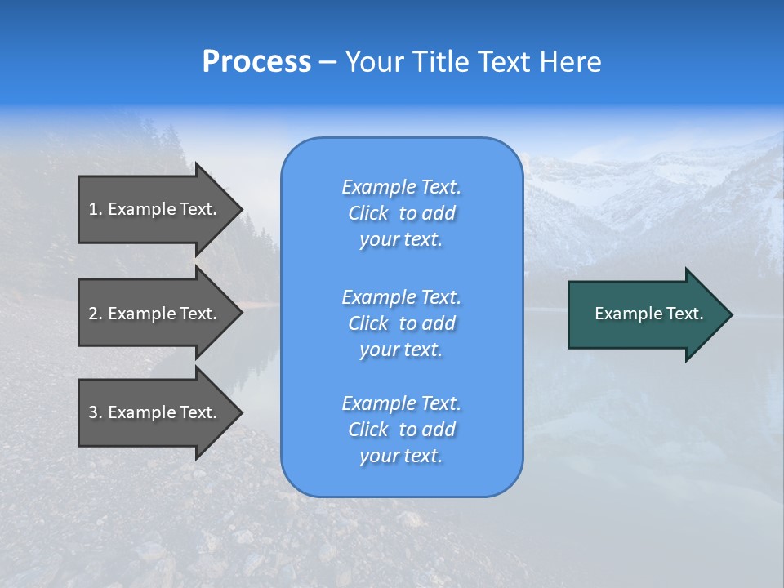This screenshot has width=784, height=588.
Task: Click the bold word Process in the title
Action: coord(256,62)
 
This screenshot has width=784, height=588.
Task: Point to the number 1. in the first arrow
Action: coord(95,209)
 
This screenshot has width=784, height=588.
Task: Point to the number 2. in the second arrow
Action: coord(95,314)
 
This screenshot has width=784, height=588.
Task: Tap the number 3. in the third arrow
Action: coord(95,412)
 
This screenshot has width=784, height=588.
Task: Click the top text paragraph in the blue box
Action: coord(401,213)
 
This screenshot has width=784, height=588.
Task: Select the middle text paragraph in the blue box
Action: coord(401,323)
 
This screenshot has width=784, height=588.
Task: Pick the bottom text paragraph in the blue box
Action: coord(401,430)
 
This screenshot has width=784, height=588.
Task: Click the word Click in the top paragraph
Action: coord(367,213)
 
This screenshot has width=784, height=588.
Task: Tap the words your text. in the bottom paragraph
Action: coord(401,456)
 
